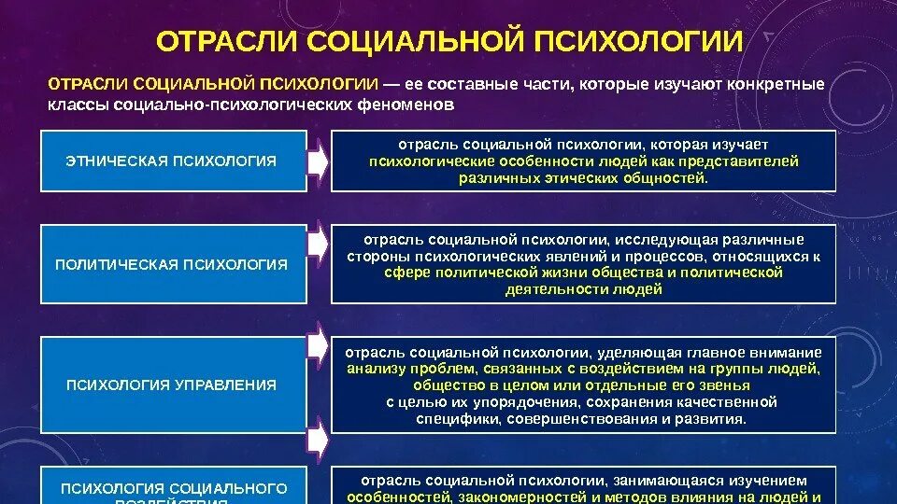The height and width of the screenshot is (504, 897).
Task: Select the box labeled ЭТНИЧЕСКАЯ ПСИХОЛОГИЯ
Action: pos(173,161)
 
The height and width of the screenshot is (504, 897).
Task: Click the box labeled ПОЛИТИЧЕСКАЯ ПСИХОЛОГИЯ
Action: pos(173,264)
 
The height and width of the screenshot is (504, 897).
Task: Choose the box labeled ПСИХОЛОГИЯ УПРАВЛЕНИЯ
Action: pos(173,385)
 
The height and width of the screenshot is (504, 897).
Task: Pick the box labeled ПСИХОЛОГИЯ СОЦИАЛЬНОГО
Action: pos(173,488)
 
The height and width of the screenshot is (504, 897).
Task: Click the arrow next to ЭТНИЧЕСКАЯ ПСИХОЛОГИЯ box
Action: pos(319,161)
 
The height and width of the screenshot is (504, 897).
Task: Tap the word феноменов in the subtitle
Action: pos(408,105)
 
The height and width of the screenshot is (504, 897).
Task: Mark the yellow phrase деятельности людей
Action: pos(583,289)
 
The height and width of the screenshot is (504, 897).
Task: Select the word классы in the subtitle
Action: pos(79,105)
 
